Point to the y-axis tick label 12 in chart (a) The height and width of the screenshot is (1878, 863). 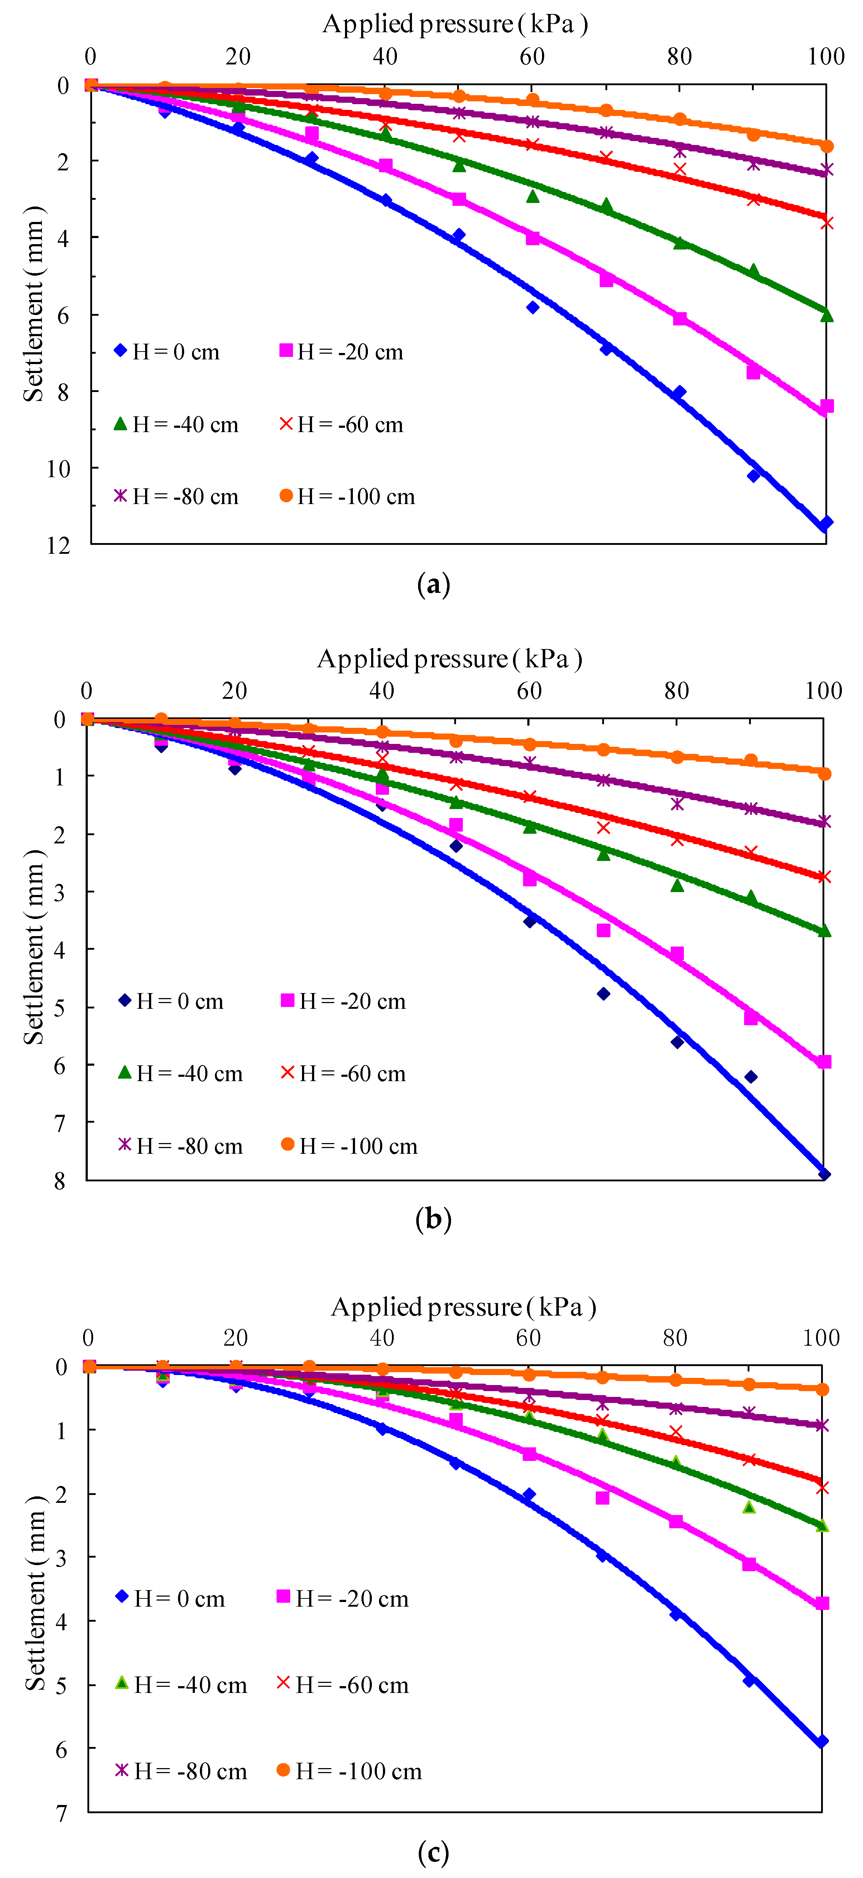pyautogui.click(x=58, y=545)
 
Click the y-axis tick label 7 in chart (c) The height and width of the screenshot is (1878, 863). pyautogui.click(x=61, y=1813)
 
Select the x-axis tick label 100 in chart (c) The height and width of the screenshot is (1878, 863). pyautogui.click(x=821, y=1338)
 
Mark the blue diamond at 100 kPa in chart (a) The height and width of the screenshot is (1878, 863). pyautogui.click(x=826, y=523)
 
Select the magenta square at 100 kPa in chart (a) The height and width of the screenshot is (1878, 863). pyautogui.click(x=826, y=406)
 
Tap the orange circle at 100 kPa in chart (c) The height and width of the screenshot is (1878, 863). pyautogui.click(x=822, y=1389)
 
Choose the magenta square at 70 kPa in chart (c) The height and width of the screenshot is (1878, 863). pyautogui.click(x=603, y=1497)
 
